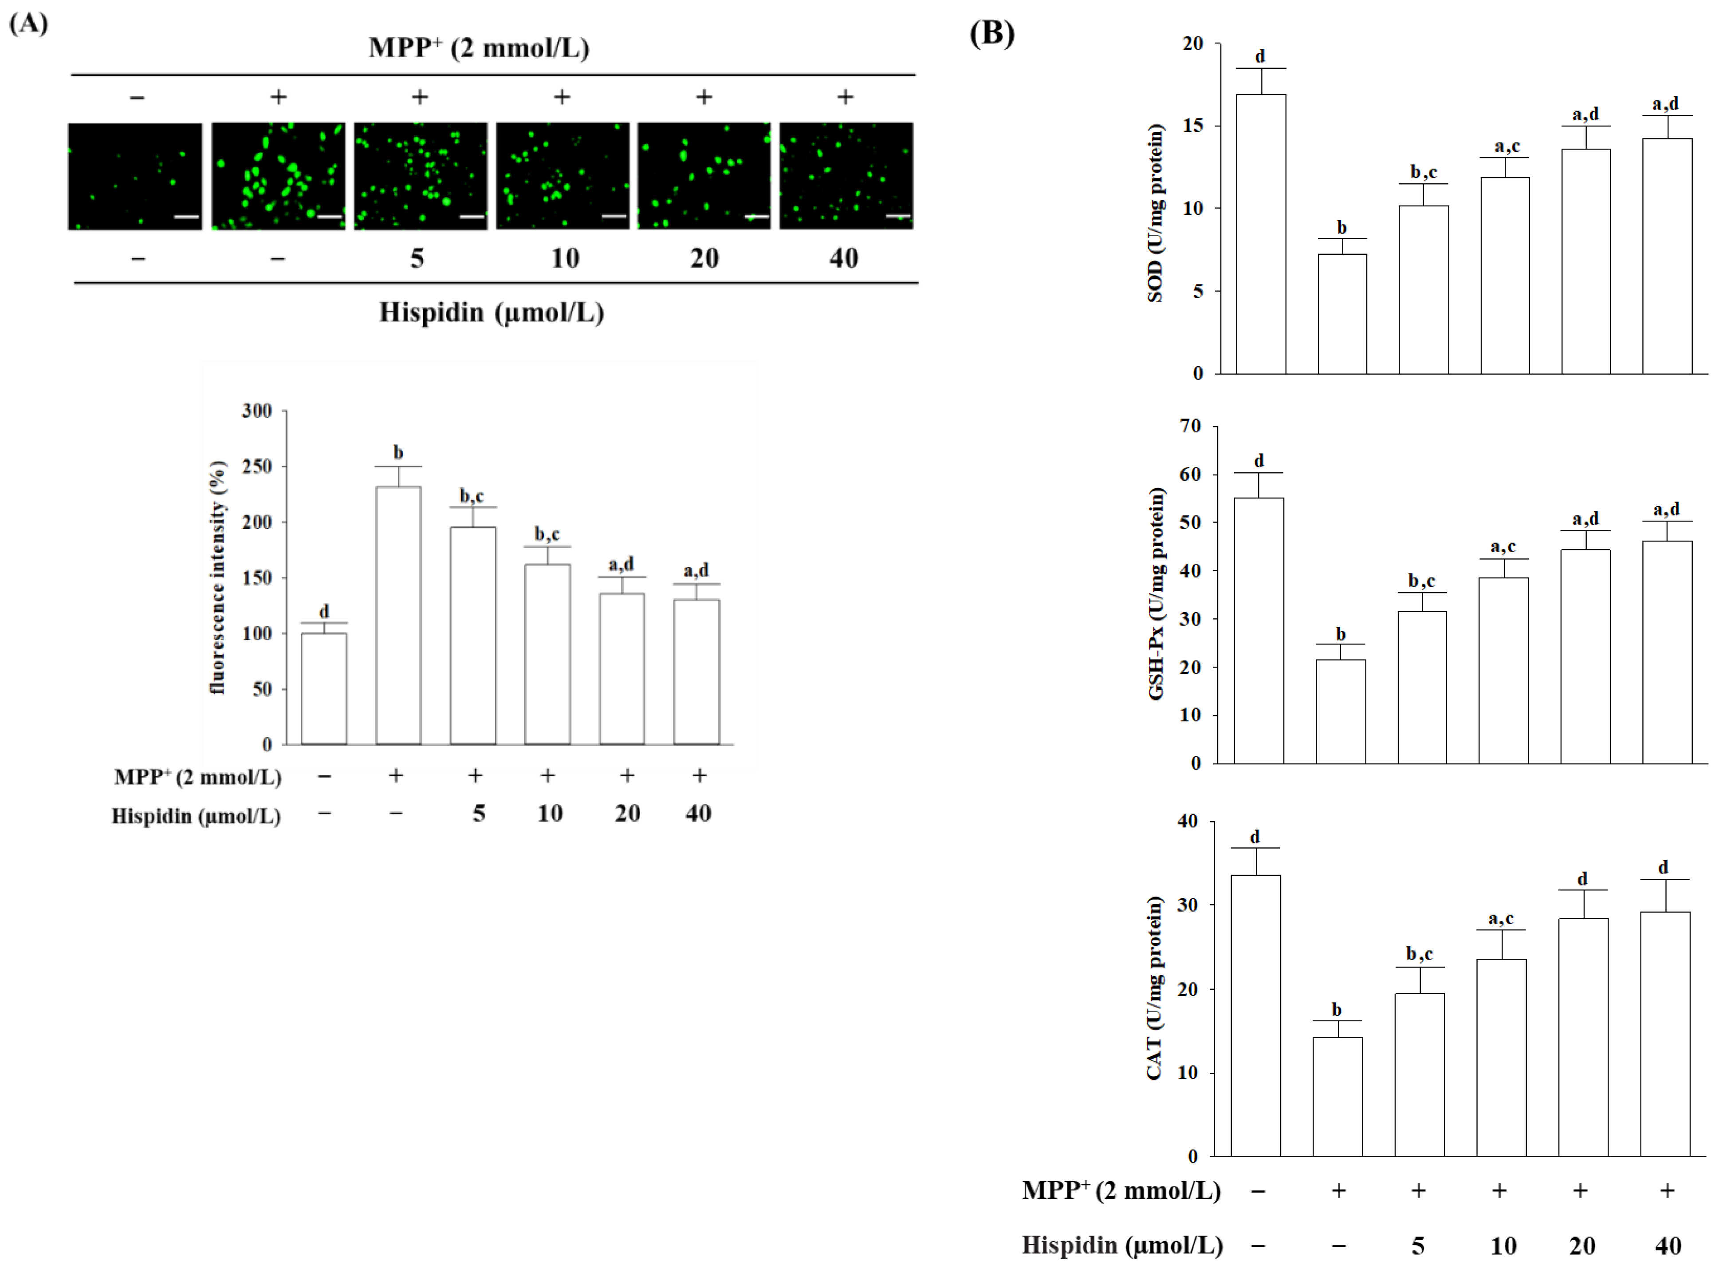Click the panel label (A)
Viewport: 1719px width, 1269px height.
[28, 24]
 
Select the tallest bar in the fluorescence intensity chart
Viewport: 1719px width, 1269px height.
[397, 615]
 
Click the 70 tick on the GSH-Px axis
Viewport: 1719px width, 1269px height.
[1191, 426]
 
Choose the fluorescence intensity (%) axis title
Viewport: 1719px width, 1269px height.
[218, 577]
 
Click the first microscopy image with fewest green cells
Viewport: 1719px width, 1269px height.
[135, 176]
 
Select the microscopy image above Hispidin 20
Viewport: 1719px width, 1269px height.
[703, 176]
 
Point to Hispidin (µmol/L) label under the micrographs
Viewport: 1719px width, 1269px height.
[492, 312]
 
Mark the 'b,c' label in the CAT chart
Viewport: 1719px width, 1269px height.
[1419, 954]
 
